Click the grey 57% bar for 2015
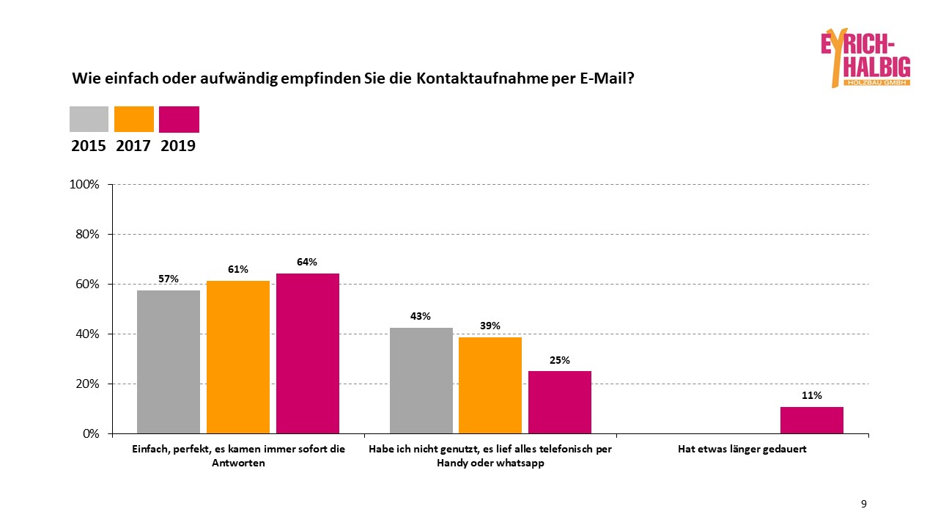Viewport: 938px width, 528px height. click(x=169, y=362)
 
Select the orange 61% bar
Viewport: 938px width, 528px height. click(x=238, y=357)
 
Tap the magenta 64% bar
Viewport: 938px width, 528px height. click(x=308, y=353)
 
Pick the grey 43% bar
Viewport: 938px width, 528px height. click(x=421, y=380)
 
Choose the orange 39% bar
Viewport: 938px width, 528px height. click(x=490, y=385)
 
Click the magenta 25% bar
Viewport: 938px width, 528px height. click(x=560, y=402)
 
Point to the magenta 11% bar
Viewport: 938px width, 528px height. click(x=812, y=419)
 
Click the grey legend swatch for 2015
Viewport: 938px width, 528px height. click(x=89, y=119)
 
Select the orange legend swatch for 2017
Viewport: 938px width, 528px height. click(x=134, y=119)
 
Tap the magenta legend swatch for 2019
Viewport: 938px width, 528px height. click(x=179, y=119)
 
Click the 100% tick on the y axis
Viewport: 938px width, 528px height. click(x=84, y=185)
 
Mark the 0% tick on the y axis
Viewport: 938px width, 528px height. click(x=90, y=433)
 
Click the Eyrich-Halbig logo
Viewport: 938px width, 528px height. click(x=865, y=58)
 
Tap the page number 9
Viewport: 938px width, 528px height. click(x=864, y=504)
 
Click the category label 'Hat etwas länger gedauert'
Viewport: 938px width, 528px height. click(x=743, y=449)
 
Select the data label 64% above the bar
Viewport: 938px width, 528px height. click(x=308, y=262)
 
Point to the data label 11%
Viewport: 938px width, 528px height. click(x=812, y=395)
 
